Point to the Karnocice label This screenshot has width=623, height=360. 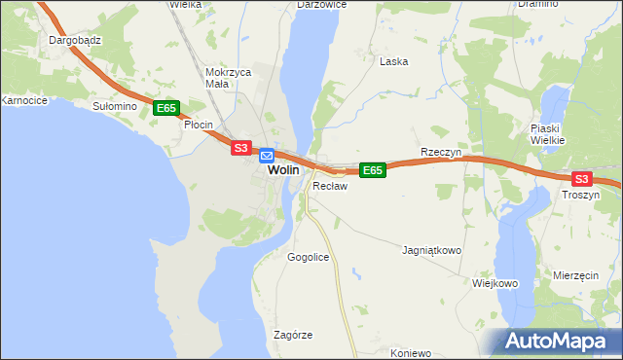tap(24, 100)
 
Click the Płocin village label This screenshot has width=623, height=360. tap(199, 125)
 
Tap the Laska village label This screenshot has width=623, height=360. tap(393, 61)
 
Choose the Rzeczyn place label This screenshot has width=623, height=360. tap(439, 153)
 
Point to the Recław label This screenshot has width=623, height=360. tap(330, 185)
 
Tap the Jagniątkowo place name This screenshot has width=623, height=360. tap(431, 250)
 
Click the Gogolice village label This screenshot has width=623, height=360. tap(309, 257)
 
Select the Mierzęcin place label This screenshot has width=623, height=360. tap(575, 276)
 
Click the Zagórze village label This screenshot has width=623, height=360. tap(293, 335)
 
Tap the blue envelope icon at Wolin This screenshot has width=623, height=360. tap(267, 154)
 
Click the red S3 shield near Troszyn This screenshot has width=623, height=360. tap(581, 179)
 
